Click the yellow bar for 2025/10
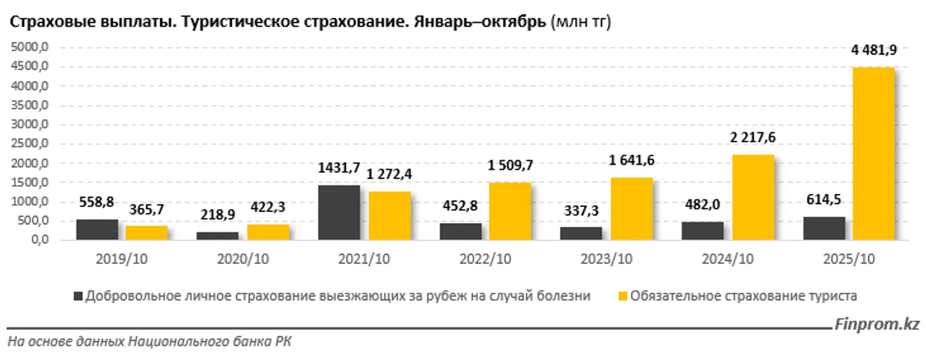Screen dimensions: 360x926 tap(873, 154)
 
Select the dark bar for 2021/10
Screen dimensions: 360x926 tap(339, 213)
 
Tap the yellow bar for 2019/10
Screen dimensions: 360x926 tap(147, 233)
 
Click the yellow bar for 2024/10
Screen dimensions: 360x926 tap(753, 197)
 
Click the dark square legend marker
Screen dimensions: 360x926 tap(78, 296)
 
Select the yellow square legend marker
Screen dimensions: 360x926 tap(622, 296)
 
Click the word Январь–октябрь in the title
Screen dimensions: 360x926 tap(480, 23)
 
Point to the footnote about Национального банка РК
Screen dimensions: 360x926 tap(150, 342)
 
